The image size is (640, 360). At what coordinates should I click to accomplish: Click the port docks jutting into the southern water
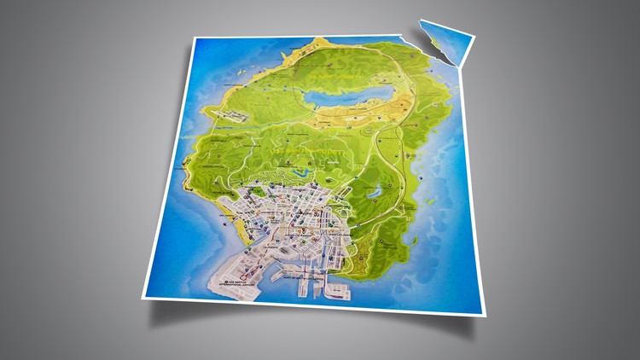(x=316, y=286)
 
